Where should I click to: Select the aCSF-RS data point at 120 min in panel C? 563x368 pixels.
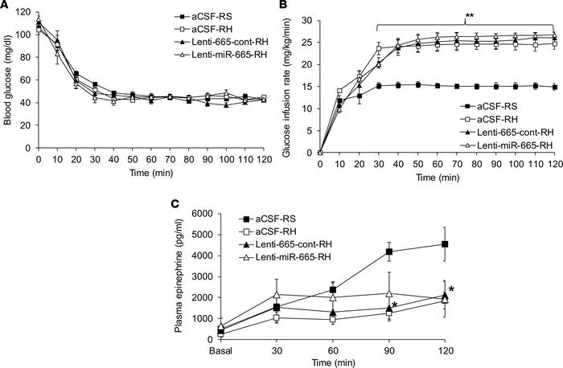tap(444, 244)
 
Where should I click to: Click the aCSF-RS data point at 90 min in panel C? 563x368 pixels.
tap(388, 251)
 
